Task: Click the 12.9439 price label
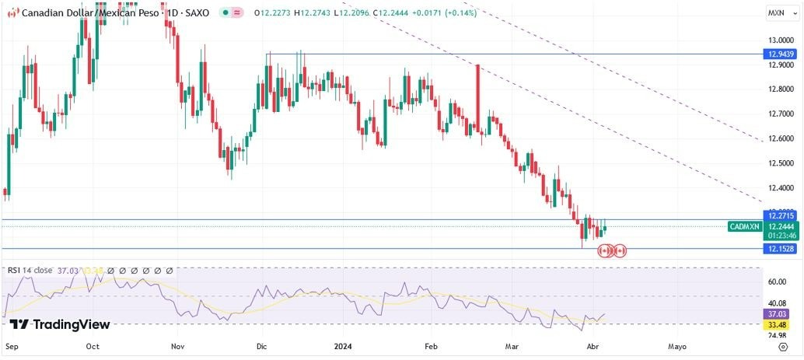point(780,54)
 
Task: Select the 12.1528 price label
point(780,248)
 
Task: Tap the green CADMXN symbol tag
point(744,226)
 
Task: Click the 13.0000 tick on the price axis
point(779,40)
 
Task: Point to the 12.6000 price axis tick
point(779,139)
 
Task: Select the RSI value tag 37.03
point(780,313)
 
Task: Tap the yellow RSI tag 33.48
point(780,324)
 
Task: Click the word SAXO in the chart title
point(197,13)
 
